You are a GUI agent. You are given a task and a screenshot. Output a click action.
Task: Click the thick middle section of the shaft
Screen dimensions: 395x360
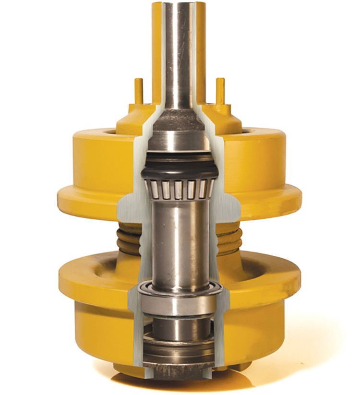pyautogui.click(x=179, y=240)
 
